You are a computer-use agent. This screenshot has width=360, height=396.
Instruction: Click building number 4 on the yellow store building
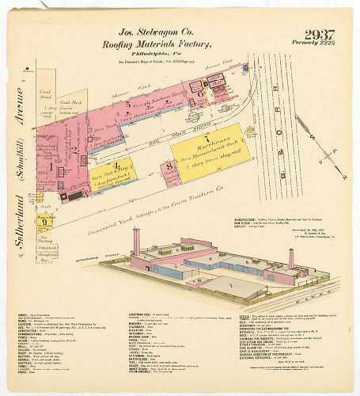pos(116,166)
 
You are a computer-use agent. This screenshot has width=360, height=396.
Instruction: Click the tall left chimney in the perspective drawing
pos(137,241)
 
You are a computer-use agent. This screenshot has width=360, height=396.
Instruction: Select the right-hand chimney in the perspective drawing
pos(291,258)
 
